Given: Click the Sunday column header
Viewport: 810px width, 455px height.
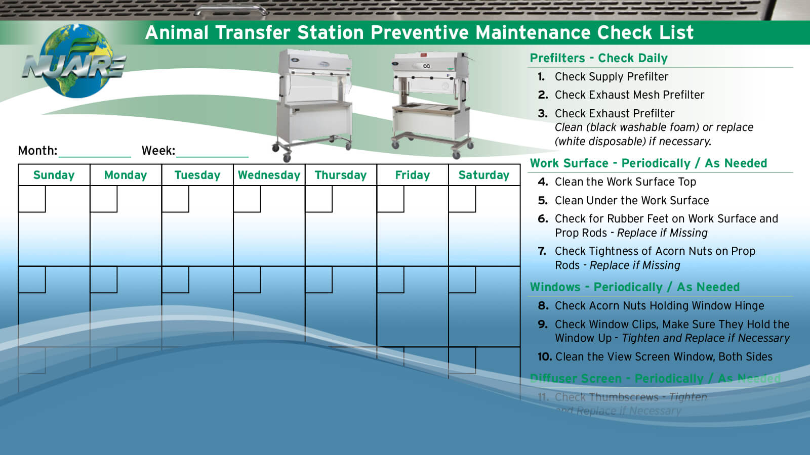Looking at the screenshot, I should point(54,175).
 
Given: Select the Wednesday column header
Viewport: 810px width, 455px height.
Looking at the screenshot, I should point(269,175).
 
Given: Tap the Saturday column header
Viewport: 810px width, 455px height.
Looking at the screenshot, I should point(483,175).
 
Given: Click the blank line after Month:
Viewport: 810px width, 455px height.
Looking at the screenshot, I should point(95,151).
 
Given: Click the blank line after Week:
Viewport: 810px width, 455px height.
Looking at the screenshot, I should point(212,151).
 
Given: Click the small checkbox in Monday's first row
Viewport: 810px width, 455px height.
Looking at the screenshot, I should point(104,199).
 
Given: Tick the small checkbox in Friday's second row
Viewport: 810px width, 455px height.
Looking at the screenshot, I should point(390,280).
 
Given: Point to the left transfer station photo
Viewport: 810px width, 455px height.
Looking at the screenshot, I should point(313,104).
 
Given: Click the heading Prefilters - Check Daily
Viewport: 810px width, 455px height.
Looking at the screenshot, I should point(598,58).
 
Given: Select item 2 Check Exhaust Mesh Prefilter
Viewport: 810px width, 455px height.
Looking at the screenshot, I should point(629,95).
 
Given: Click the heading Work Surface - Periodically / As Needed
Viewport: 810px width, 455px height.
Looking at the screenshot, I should point(648,163).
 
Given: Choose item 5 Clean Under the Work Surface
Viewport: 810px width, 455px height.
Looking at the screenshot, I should point(631,201).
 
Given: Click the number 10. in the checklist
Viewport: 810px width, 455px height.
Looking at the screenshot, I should point(545,357).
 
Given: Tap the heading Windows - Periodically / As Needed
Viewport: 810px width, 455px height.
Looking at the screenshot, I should point(634,287).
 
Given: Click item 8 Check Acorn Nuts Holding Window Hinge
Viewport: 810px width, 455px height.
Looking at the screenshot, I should point(659,306).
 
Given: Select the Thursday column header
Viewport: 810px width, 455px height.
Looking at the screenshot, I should point(340,175).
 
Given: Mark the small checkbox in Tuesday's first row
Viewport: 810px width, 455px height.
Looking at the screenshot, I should point(175,199).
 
